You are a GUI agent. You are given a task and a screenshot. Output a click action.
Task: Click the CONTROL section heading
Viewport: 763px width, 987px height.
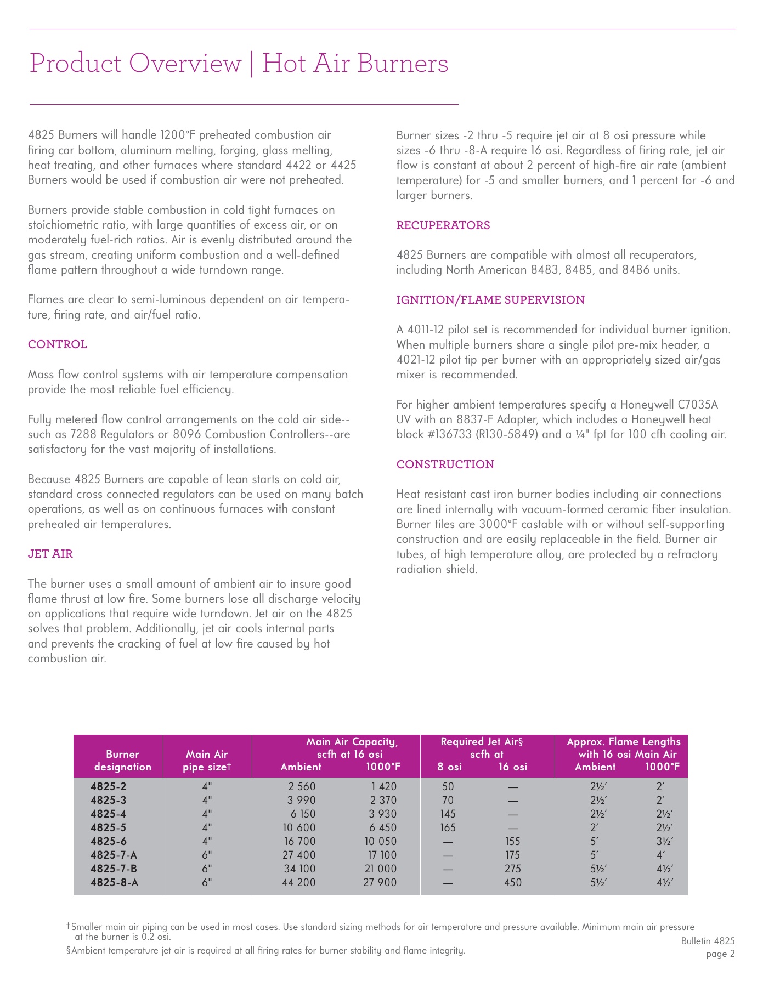(x=58, y=344)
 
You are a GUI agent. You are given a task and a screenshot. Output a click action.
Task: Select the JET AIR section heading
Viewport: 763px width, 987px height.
(x=50, y=554)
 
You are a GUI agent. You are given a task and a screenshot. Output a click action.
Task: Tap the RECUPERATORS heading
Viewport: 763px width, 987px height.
(x=443, y=225)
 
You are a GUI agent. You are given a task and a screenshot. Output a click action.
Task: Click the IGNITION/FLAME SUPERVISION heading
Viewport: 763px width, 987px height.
(x=490, y=300)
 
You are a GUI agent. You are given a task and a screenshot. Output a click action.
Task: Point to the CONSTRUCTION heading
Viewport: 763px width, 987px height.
(x=445, y=464)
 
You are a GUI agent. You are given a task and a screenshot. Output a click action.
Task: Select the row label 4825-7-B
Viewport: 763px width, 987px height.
(x=114, y=869)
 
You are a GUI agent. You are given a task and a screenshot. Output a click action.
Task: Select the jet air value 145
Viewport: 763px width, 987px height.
(x=447, y=814)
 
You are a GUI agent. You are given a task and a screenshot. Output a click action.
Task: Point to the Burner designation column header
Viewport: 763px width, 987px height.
(x=122, y=760)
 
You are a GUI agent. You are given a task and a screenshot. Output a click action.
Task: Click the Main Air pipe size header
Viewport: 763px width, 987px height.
(x=207, y=760)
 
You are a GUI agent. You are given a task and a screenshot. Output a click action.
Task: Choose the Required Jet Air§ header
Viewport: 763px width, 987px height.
(x=482, y=742)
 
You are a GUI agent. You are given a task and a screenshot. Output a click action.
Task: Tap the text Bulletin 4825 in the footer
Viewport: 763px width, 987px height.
(x=708, y=941)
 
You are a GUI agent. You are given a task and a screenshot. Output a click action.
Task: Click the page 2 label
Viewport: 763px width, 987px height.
(x=720, y=954)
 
